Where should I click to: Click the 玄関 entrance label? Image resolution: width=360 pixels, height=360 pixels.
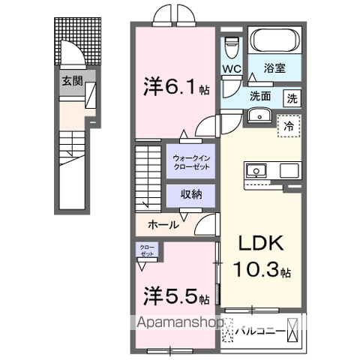click(72, 80)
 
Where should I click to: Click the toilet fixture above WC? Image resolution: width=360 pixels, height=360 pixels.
click(231, 45)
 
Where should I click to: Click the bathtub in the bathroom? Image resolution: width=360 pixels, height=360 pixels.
click(274, 41)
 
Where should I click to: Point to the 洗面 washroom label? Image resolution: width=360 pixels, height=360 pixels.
click(260, 96)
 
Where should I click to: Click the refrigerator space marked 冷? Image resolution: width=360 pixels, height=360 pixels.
click(289, 126)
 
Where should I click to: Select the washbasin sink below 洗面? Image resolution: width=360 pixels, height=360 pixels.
click(260, 115)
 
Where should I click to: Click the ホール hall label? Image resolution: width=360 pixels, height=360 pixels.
click(163, 224)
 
